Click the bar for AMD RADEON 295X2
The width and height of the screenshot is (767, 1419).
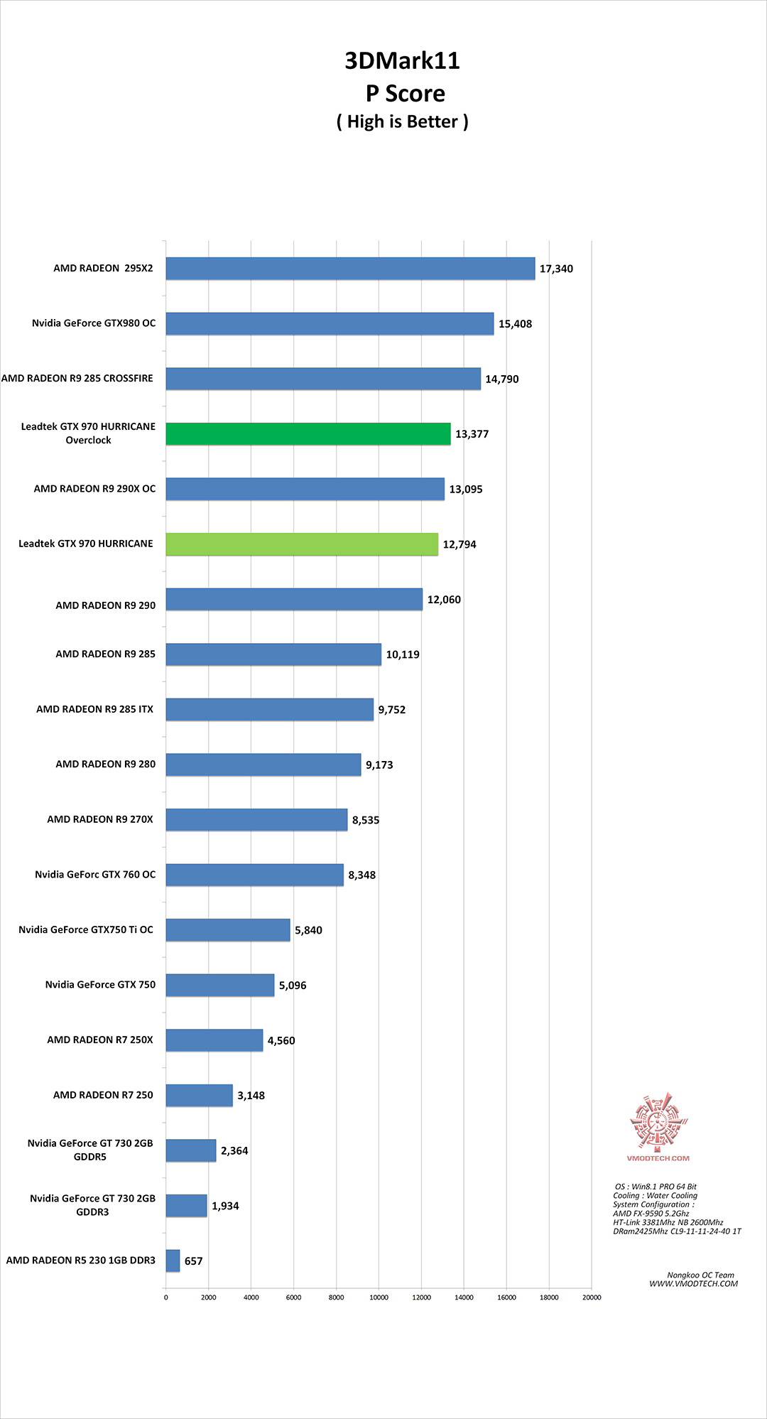(350, 269)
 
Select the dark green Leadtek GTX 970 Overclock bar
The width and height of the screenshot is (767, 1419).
(308, 434)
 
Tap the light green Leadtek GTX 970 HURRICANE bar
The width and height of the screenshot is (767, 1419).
(302, 544)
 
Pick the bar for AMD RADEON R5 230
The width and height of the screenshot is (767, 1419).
(173, 1261)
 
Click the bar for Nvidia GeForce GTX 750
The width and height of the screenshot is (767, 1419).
(220, 985)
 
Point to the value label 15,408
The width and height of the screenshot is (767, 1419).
(515, 324)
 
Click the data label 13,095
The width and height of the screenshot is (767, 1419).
(466, 490)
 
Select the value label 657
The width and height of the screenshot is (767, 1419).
(193, 1261)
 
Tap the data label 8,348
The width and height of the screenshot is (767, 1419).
(361, 875)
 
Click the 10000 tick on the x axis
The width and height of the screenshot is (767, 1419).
(379, 1297)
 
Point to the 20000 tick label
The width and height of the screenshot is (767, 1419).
(592, 1297)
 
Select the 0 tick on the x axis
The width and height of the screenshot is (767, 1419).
(166, 1297)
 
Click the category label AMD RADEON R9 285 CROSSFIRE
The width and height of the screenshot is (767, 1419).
(77, 379)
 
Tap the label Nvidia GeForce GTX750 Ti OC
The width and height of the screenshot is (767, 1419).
(86, 929)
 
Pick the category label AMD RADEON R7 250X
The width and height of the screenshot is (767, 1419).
(100, 1040)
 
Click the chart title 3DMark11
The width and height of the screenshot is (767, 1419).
(402, 61)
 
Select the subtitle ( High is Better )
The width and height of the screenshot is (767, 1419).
(402, 122)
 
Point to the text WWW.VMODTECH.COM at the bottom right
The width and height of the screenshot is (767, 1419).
(693, 1283)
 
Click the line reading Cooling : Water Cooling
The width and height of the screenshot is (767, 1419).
(656, 1196)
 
